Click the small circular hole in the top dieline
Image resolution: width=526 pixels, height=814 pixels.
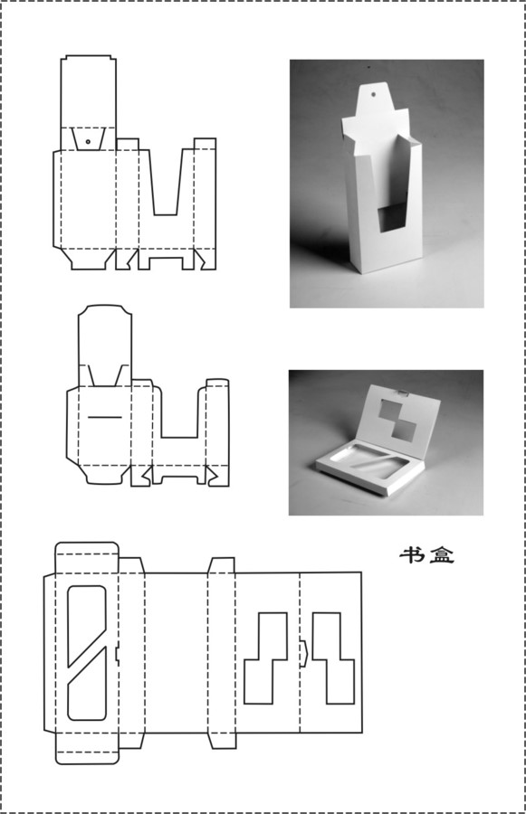tap(89, 141)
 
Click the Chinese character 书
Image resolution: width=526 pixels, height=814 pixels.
tap(411, 555)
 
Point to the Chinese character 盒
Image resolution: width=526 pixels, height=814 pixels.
tap(442, 555)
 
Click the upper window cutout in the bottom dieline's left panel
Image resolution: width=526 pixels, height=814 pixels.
tap(87, 623)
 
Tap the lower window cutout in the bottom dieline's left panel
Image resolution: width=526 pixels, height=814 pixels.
tap(87, 685)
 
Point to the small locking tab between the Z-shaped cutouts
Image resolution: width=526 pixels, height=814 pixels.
tap(303, 654)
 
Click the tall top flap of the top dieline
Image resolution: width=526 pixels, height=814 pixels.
tap(89, 90)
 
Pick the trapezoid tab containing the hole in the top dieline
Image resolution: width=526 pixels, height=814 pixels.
tap(89, 138)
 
